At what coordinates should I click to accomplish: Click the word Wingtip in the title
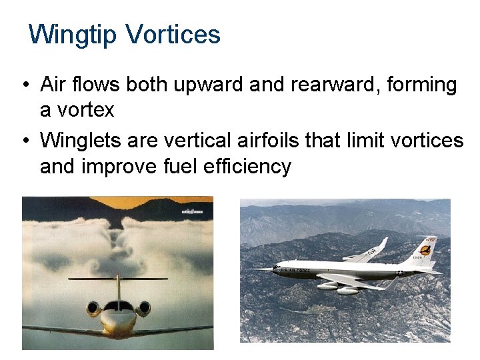[x=73, y=34]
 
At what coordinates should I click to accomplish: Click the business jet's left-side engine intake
[x=93, y=309]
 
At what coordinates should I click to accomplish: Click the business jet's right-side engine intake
[x=143, y=309]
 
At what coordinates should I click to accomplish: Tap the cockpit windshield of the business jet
[x=118, y=306]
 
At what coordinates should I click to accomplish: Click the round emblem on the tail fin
[x=425, y=253]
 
